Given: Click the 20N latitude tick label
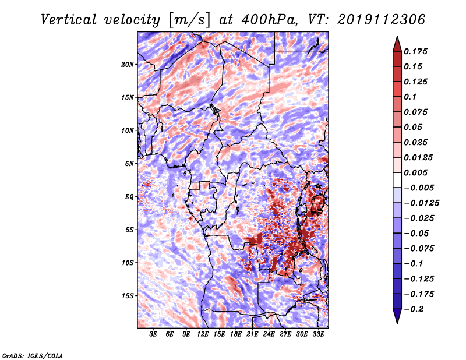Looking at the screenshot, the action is pyautogui.click(x=128, y=65).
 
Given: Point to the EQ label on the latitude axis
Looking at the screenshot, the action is pyautogui.click(x=129, y=197).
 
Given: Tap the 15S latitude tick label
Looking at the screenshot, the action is pyautogui.click(x=128, y=296).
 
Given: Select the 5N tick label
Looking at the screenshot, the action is pyautogui.click(x=129, y=164).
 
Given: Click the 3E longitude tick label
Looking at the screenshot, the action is pyautogui.click(x=153, y=334).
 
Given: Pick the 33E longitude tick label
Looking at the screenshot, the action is pyautogui.click(x=318, y=334).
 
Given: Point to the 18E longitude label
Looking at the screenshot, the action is pyautogui.click(x=236, y=334).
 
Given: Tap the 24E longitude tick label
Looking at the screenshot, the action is pyautogui.click(x=269, y=334).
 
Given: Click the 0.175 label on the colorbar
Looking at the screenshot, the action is pyautogui.click(x=415, y=51).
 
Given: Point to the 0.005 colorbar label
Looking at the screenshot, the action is pyautogui.click(x=415, y=172).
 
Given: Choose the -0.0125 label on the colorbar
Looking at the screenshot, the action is pyautogui.click(x=421, y=203).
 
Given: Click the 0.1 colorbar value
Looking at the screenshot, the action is pyautogui.click(x=410, y=97).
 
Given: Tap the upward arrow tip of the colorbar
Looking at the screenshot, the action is pyautogui.click(x=397, y=36).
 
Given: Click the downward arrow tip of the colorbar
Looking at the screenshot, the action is pyautogui.click(x=397, y=323).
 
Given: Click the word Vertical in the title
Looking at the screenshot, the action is pyautogui.click(x=69, y=20).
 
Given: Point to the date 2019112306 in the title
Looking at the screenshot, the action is pyautogui.click(x=382, y=20).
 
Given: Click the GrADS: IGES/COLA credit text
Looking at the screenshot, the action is pyautogui.click(x=33, y=355).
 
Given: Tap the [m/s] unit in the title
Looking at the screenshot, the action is pyautogui.click(x=189, y=20).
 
